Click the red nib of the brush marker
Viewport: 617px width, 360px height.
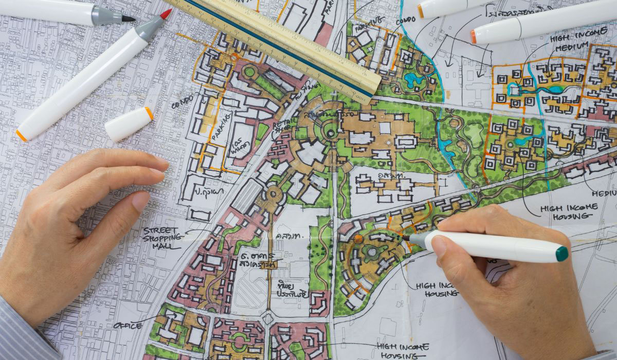(166, 14)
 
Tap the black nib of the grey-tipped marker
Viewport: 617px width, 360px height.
(128, 19)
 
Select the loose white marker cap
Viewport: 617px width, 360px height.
(129, 123)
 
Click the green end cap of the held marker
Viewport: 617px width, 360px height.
(561, 254)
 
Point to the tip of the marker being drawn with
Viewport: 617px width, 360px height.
(406, 238)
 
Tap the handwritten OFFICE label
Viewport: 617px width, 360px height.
(128, 325)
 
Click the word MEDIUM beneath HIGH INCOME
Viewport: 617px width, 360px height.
(571, 47)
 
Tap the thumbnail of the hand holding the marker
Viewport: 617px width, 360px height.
(439, 246)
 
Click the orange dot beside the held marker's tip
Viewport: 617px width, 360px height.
(358, 239)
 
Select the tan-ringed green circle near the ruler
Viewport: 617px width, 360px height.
(249, 72)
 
